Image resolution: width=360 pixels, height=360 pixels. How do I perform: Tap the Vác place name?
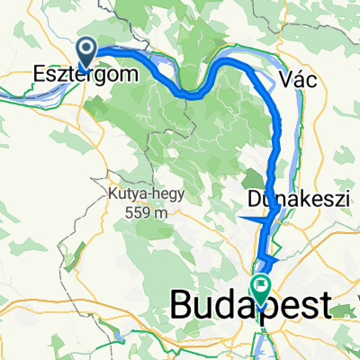(x=302, y=79)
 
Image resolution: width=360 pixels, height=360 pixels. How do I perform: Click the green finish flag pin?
(x=261, y=290)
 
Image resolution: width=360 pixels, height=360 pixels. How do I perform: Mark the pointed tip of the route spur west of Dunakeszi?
(x=240, y=218)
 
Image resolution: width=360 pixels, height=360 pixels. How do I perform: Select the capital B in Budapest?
(x=181, y=307)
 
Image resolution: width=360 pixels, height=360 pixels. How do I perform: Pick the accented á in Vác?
(x=302, y=79)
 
